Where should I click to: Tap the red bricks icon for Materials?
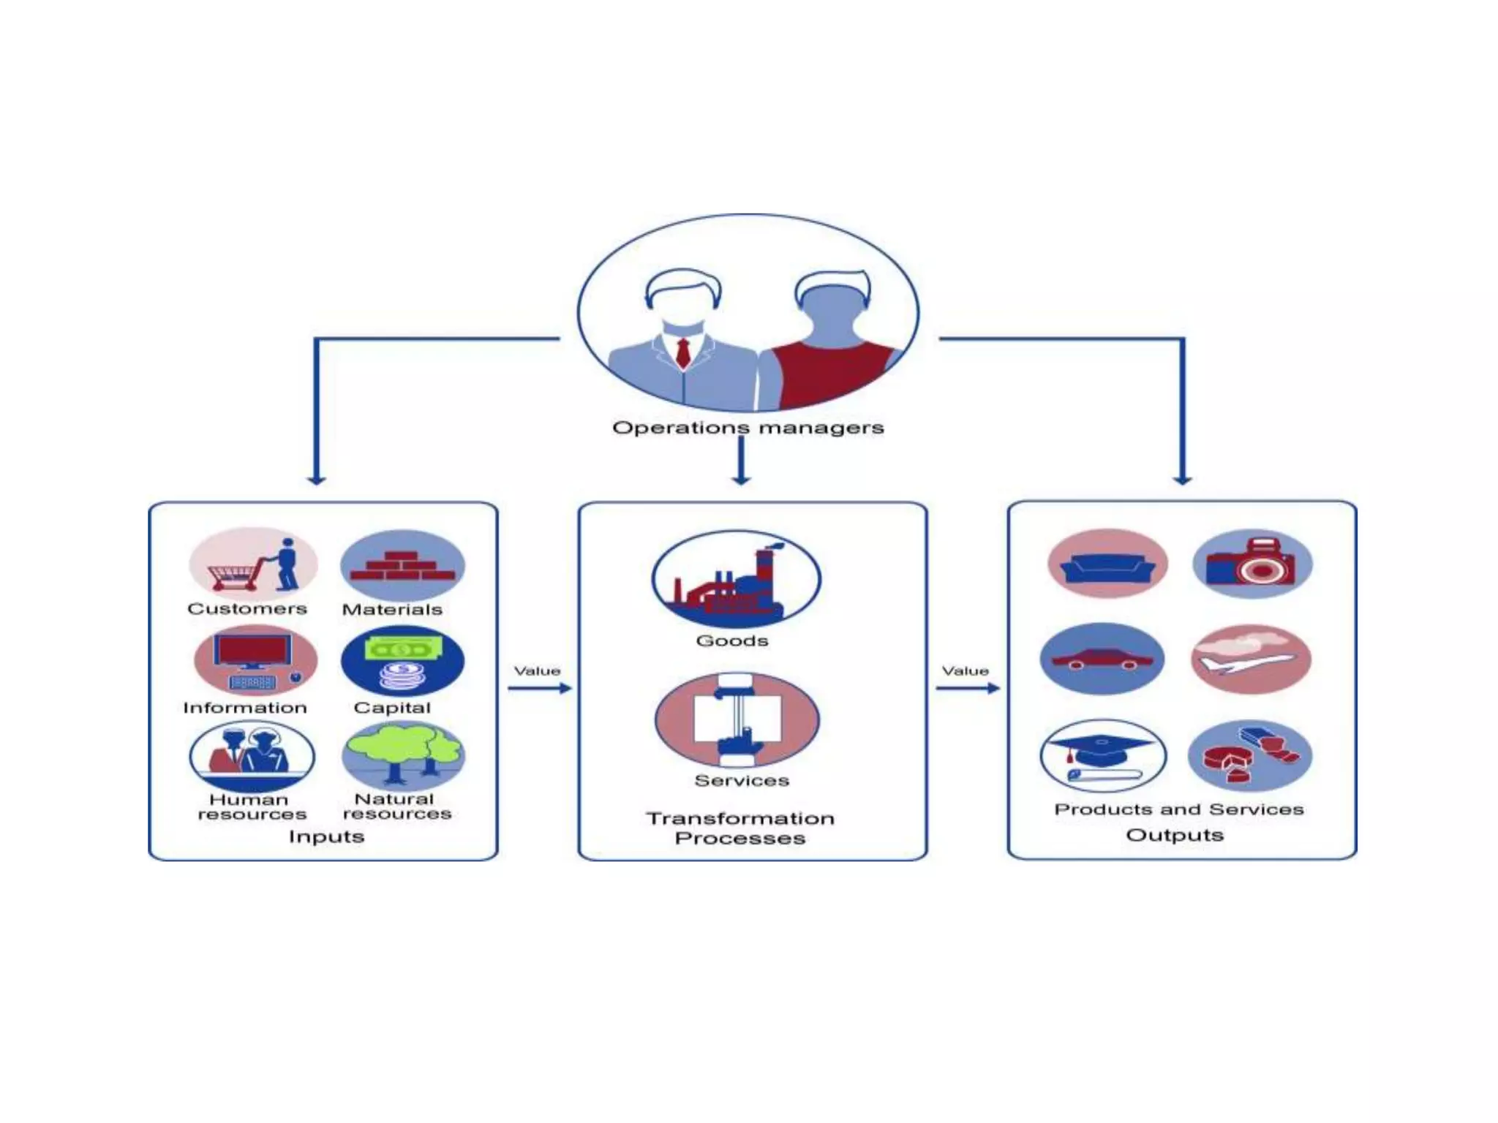pos(402,566)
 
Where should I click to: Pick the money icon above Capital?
pos(402,661)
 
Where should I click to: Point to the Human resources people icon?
pos(252,756)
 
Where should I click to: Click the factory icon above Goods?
pos(736,579)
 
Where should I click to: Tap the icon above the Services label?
pos(737,719)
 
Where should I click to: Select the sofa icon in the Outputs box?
pos(1107,564)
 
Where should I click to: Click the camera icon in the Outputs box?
pos(1252,564)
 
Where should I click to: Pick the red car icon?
pos(1102,659)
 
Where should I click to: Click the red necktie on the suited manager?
pos(683,352)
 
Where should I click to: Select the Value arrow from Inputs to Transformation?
pos(540,688)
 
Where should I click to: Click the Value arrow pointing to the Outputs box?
pos(968,688)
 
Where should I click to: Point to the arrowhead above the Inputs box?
pos(316,479)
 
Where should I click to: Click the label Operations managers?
pos(748,428)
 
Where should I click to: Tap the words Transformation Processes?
pos(740,828)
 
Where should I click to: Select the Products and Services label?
pos(1178,809)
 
